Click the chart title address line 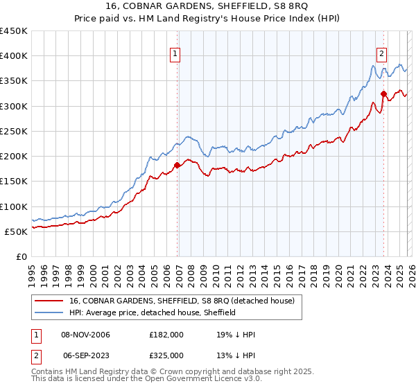[x=207, y=7]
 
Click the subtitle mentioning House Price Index [x=207, y=19]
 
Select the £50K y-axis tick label [x=17, y=231]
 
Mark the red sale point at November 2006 [x=177, y=165]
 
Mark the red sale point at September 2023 [x=383, y=93]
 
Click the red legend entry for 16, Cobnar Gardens [x=182, y=301]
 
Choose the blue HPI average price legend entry [x=153, y=312]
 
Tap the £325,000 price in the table [x=166, y=354]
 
